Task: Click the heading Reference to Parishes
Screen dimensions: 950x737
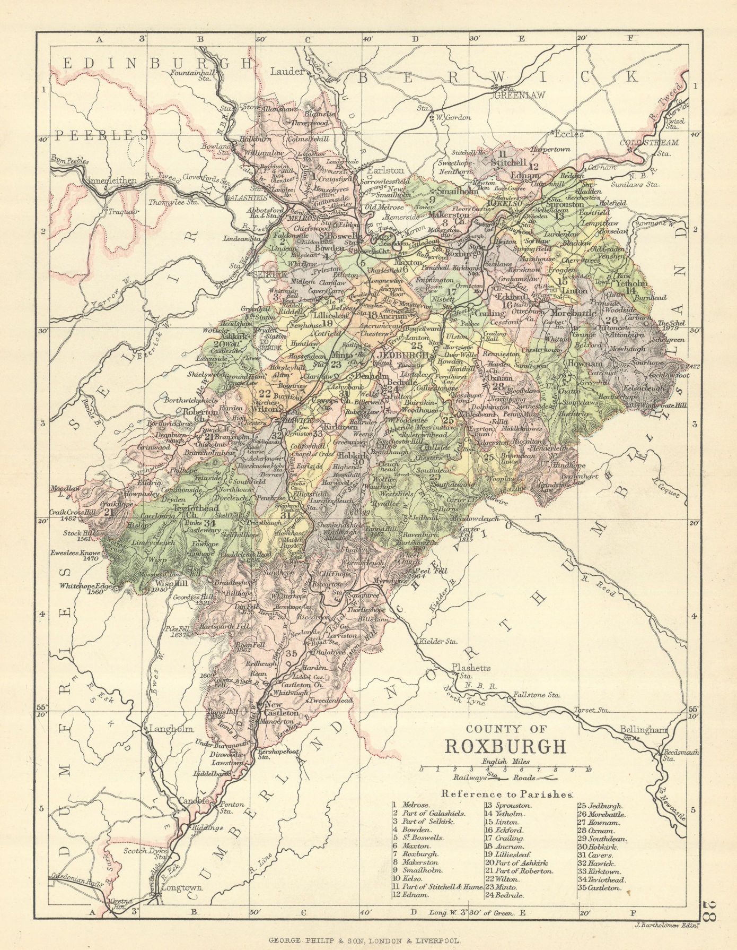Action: [507, 794]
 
